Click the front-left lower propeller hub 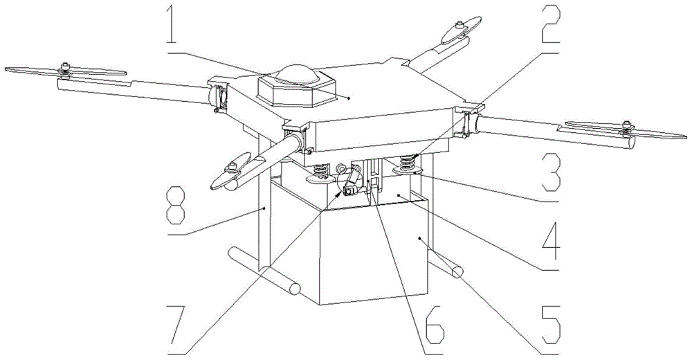click(232, 167)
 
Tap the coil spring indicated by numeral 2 click(408, 163)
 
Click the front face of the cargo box click(374, 255)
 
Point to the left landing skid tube click(264, 271)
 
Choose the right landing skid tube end click(457, 271)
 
